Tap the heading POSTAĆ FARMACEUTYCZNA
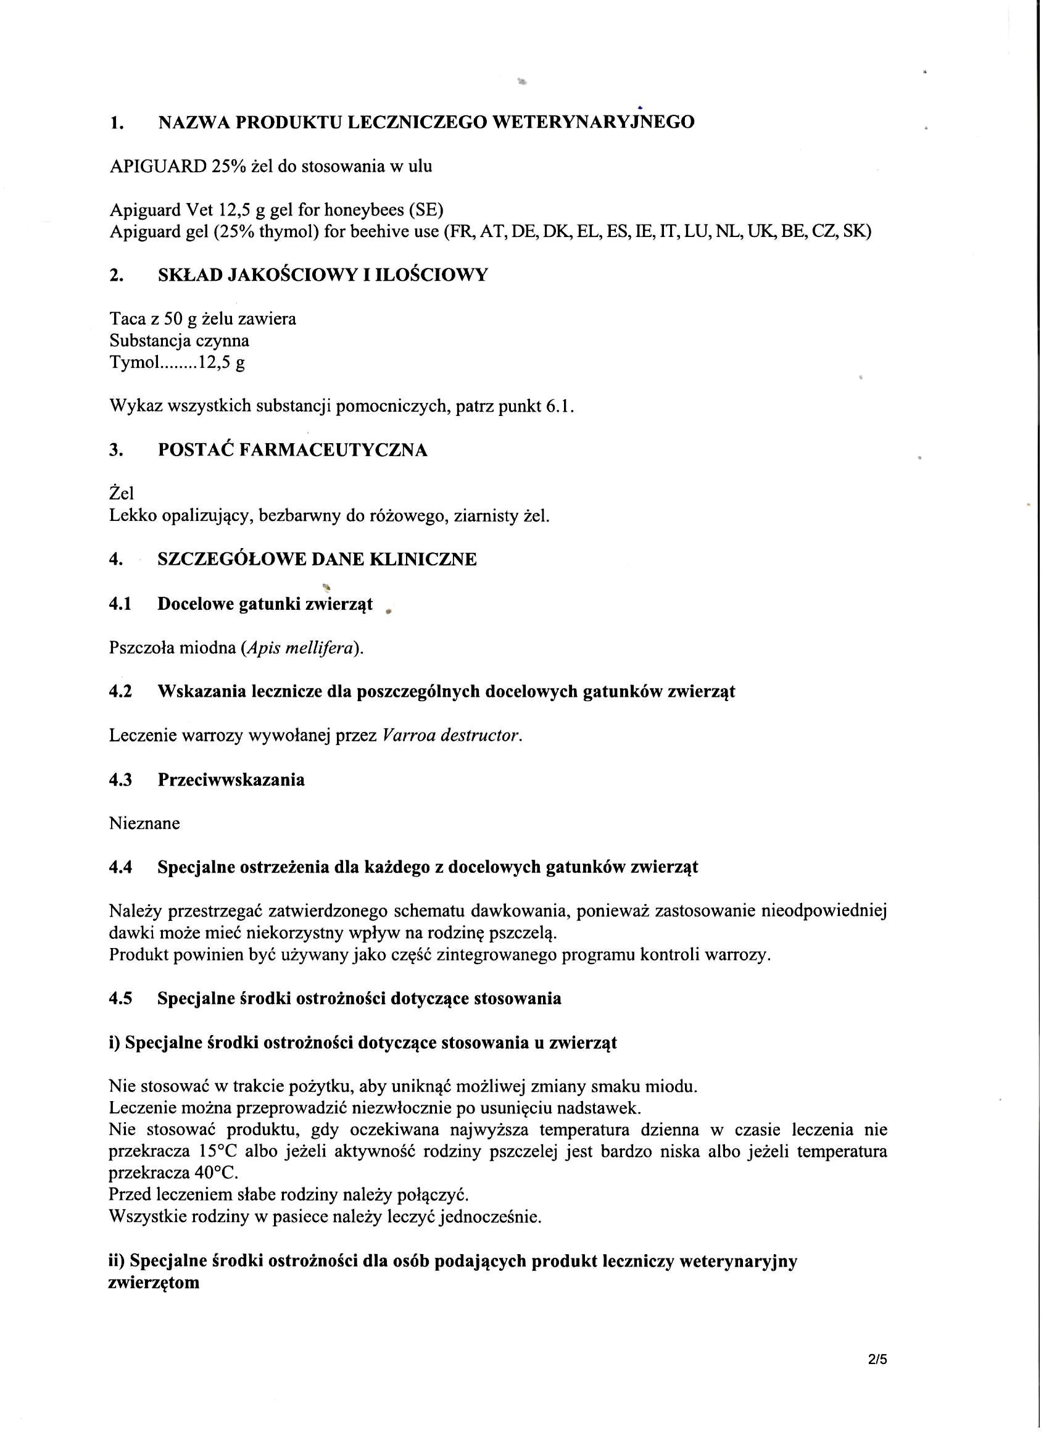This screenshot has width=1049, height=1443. pyautogui.click(x=292, y=451)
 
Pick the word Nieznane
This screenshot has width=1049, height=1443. pyautogui.click(x=144, y=823)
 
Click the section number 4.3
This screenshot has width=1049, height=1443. pyautogui.click(x=120, y=780)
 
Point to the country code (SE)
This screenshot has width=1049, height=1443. pyautogui.click(x=426, y=209)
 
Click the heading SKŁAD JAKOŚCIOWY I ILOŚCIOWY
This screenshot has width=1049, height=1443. pyautogui.click(x=323, y=275)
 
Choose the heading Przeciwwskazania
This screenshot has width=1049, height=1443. pyautogui.click(x=231, y=780)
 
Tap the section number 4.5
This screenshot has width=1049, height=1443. pyautogui.click(x=120, y=999)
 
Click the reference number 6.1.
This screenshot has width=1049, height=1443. pyautogui.click(x=559, y=406)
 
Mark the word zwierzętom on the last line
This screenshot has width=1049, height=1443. pyautogui.click(x=154, y=1284)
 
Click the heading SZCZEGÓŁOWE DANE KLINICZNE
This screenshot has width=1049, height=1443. pyautogui.click(x=317, y=560)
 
